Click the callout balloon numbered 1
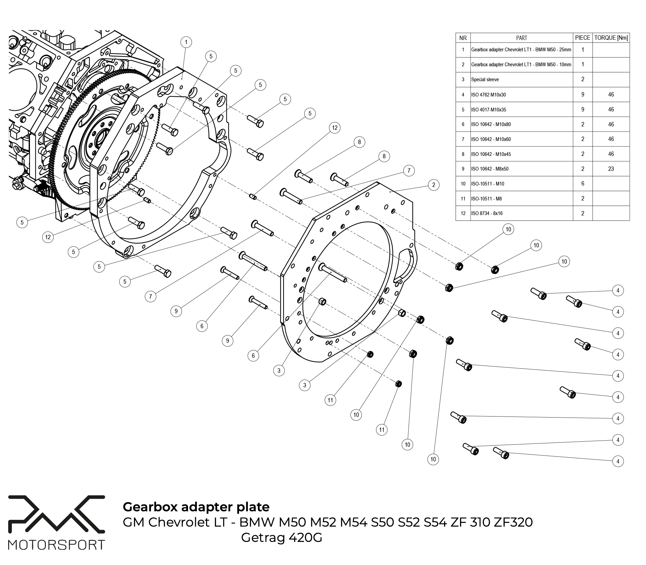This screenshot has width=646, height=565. coord(186,42)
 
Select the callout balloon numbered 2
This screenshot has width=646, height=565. coord(434,185)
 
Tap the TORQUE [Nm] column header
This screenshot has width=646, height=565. coord(611,38)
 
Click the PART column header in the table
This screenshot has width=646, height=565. coord(522,38)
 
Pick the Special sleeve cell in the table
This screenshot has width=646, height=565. coord(485,80)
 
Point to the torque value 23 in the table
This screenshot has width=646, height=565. coord(611,169)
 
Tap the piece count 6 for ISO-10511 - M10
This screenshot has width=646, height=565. coord(583,183)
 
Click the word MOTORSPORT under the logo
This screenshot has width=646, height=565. coord(56,545)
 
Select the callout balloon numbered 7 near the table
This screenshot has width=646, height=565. coord(409,171)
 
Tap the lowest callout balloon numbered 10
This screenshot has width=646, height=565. coord(433,459)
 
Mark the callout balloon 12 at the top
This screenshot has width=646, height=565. coord(335,128)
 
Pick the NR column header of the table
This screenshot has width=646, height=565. coord(463,38)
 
